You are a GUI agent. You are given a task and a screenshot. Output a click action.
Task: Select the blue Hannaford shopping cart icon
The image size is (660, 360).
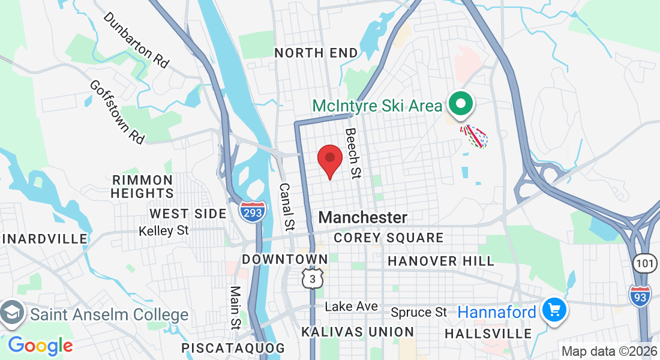point(554,310)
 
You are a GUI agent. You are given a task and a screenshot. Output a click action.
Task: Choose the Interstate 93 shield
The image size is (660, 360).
point(640,295)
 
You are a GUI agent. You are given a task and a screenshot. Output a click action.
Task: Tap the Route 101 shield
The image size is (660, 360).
point(645,262)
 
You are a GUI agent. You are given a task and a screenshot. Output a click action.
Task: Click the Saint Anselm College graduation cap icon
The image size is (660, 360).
point(13,313)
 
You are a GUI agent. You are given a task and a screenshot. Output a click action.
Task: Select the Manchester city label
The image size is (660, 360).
point(363,217)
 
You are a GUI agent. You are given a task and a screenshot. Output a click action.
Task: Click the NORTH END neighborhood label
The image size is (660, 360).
point(316,53)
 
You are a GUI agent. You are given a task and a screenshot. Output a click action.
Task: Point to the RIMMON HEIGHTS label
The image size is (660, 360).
point(142,187)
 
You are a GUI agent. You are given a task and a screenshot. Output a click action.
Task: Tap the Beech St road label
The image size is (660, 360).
point(353,153)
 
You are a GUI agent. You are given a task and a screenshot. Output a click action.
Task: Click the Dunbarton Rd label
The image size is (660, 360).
point(136,40)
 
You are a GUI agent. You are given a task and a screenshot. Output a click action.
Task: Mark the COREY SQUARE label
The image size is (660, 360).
point(389,238)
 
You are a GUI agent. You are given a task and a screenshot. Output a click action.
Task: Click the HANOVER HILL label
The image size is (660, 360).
point(441,261)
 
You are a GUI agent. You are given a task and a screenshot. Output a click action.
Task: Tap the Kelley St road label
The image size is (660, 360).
point(163,230)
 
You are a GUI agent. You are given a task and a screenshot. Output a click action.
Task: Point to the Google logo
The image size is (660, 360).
point(40,346)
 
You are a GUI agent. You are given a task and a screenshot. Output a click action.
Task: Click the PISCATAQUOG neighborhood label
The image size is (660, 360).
point(233,348)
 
